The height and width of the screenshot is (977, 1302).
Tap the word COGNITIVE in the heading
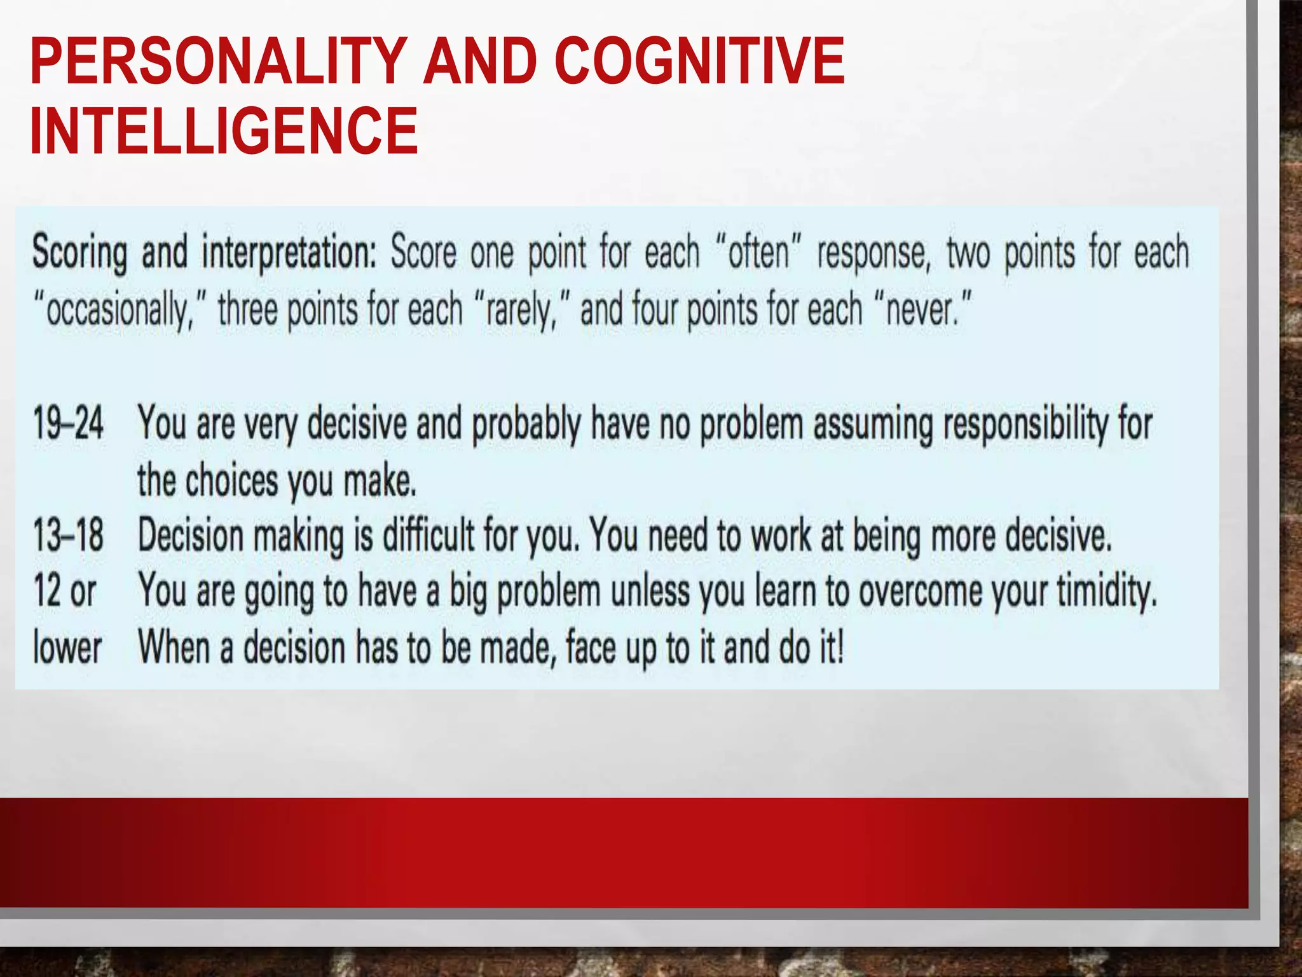699,61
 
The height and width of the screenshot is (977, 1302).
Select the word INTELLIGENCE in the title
224,131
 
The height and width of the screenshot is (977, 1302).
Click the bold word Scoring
79,253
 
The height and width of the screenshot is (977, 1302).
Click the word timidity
1106,592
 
